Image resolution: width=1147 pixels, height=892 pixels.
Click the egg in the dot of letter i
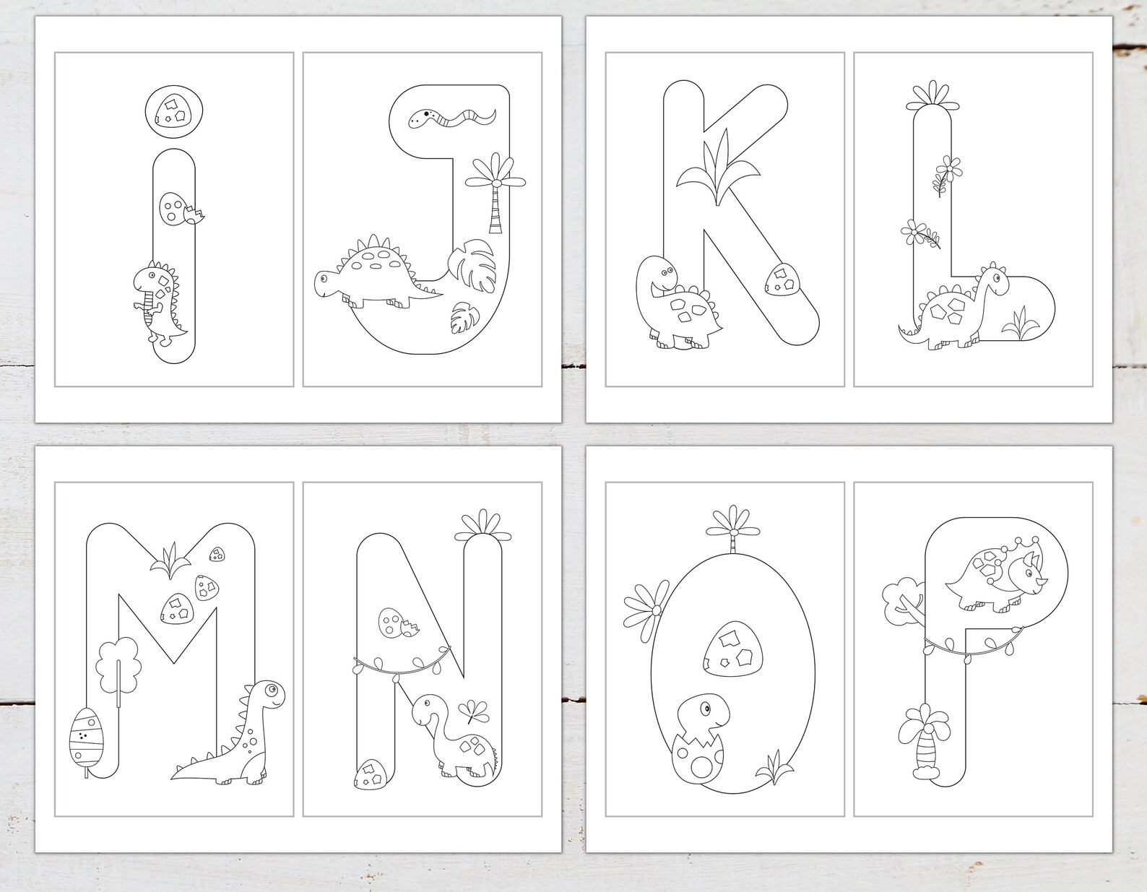pyautogui.click(x=174, y=111)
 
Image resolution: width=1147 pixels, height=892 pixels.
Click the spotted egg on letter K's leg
pyautogui.click(x=780, y=280)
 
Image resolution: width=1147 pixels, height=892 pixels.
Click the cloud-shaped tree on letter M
pyautogui.click(x=116, y=664)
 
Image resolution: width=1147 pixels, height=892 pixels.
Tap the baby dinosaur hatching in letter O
pyautogui.click(x=699, y=737)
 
